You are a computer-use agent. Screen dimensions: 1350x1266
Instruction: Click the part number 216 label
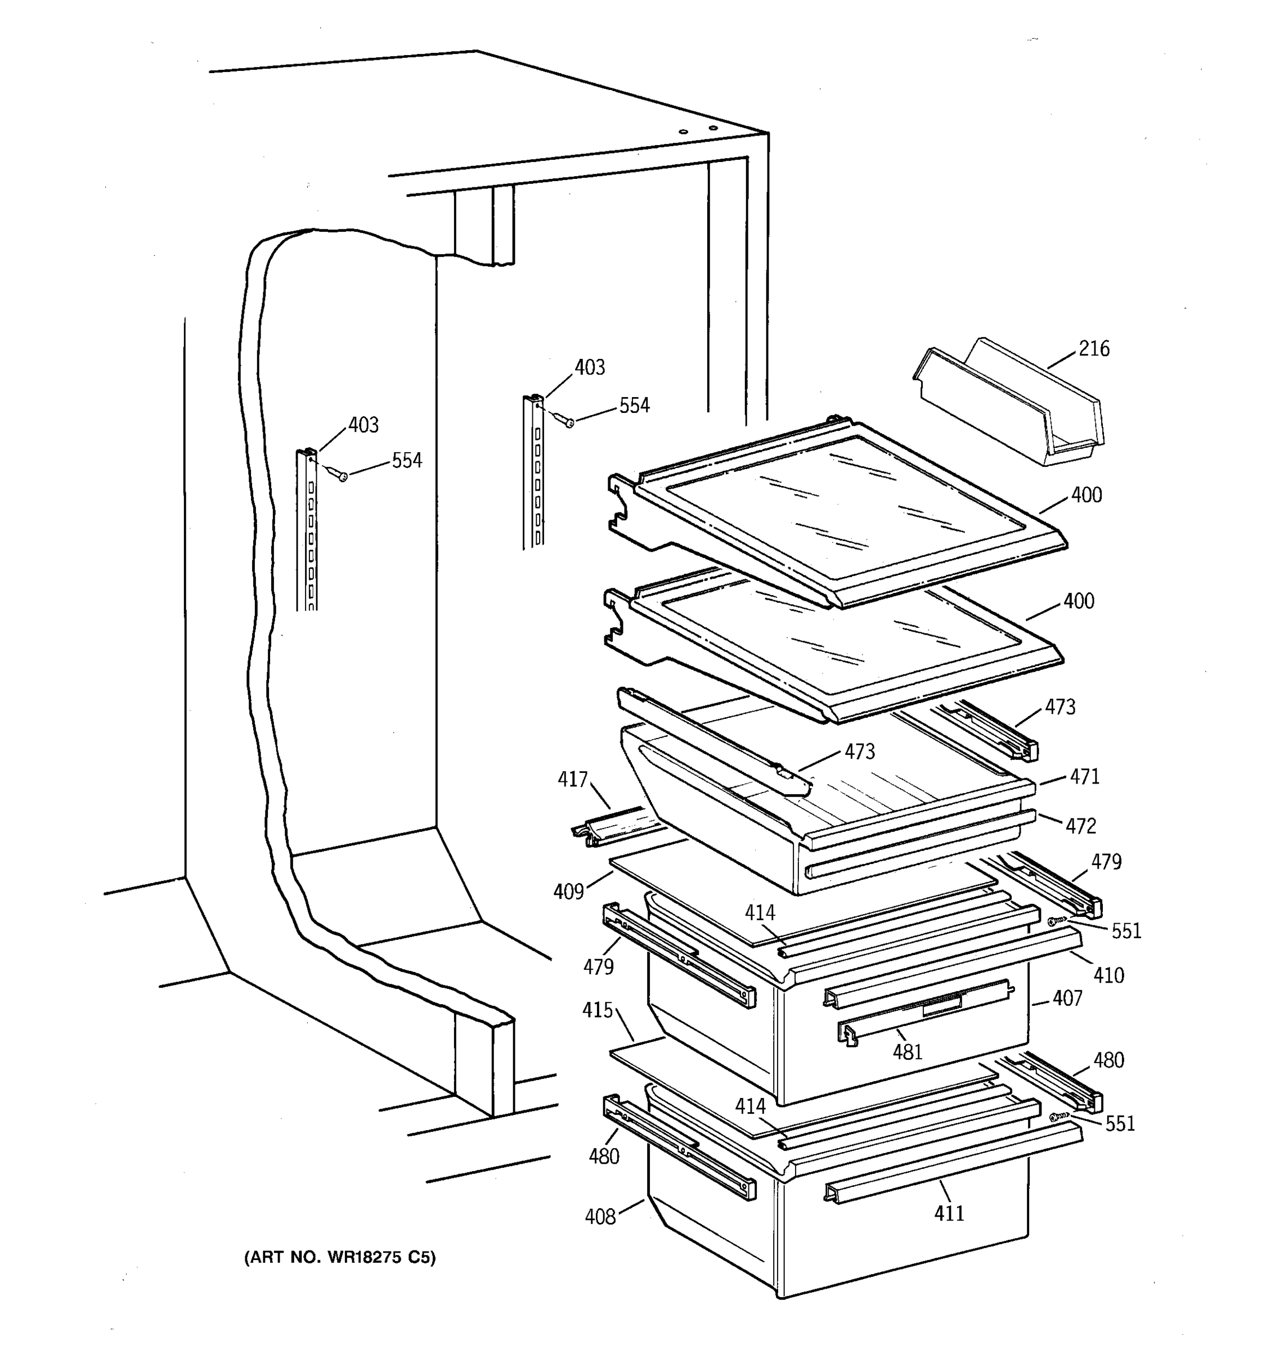click(x=1094, y=349)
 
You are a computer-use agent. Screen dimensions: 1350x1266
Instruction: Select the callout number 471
click(x=1085, y=777)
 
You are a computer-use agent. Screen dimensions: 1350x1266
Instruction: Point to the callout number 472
click(x=1080, y=826)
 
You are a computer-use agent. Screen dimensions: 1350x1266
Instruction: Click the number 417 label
click(x=573, y=780)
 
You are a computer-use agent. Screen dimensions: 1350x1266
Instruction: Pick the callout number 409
click(x=568, y=892)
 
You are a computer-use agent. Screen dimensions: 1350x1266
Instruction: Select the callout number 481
click(x=908, y=1052)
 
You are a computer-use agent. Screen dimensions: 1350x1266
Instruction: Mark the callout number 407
click(x=1067, y=998)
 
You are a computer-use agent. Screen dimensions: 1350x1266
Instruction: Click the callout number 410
click(x=1108, y=976)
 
